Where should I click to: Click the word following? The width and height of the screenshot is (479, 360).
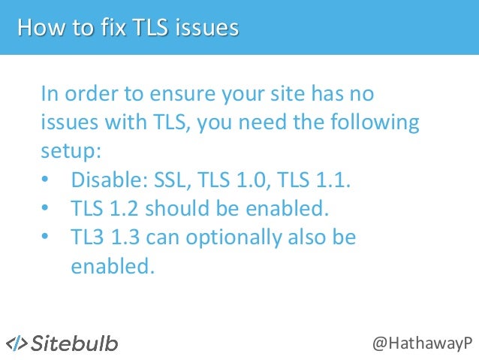click(x=374, y=122)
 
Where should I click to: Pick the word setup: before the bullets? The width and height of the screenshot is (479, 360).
click(x=71, y=149)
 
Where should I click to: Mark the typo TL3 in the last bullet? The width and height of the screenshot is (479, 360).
click(x=88, y=237)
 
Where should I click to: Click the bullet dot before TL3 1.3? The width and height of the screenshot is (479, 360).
click(x=47, y=238)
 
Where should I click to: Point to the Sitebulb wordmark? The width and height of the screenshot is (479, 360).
click(x=74, y=343)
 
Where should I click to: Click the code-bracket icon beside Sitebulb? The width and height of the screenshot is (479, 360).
click(x=17, y=343)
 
